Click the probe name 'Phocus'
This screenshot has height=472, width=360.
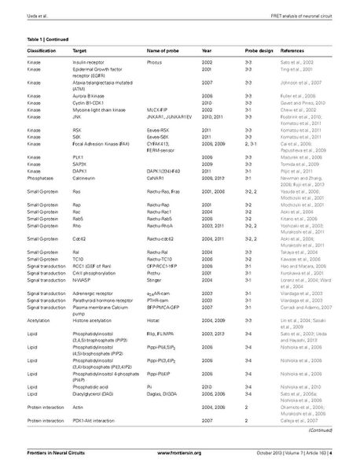156,61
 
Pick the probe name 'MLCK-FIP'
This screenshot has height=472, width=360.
159,110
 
